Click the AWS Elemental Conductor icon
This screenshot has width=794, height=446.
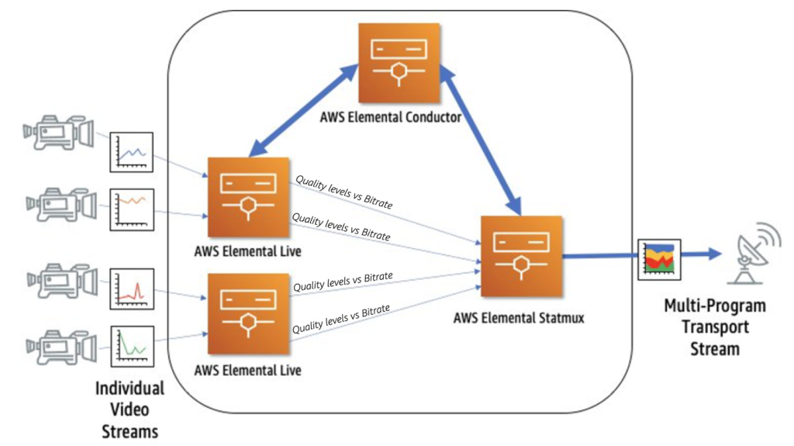coord(399,63)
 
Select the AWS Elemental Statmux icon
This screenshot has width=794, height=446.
coord(520,257)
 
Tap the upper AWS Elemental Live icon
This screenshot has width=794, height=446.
coord(247,197)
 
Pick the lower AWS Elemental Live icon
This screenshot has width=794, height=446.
coord(247,313)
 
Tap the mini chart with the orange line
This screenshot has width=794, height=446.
coord(133,208)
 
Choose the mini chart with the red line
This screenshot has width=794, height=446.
coord(133,289)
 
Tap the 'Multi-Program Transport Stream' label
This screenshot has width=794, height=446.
coord(714,327)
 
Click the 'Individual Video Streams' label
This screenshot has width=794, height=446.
coord(129,410)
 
